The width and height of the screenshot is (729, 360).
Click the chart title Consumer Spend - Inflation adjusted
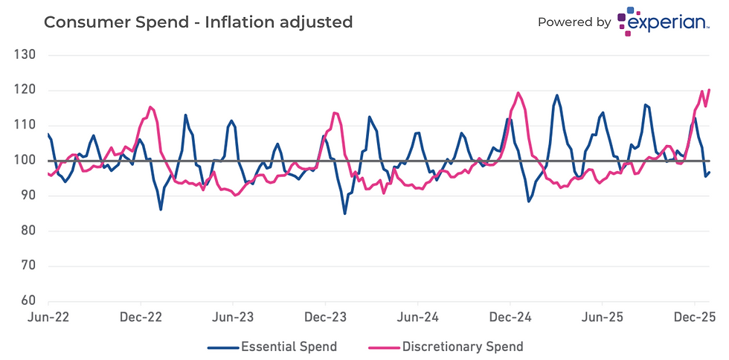tap(198, 22)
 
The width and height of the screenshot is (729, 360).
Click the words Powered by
tap(574, 22)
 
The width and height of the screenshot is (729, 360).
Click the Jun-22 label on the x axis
tap(48, 317)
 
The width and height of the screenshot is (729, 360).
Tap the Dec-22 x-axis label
tap(141, 317)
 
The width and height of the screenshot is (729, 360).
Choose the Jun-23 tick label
tap(233, 317)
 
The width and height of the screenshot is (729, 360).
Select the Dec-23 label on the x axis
tap(326, 317)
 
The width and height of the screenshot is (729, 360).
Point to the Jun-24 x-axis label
tap(417, 317)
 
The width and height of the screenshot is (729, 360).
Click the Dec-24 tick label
tap(510, 317)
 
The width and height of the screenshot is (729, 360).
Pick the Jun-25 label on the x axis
tap(602, 317)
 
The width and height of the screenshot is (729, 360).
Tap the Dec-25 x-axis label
tap(694, 317)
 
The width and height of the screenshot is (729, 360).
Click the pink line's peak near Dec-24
tap(518, 93)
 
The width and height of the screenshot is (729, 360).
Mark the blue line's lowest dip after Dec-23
tap(345, 213)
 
